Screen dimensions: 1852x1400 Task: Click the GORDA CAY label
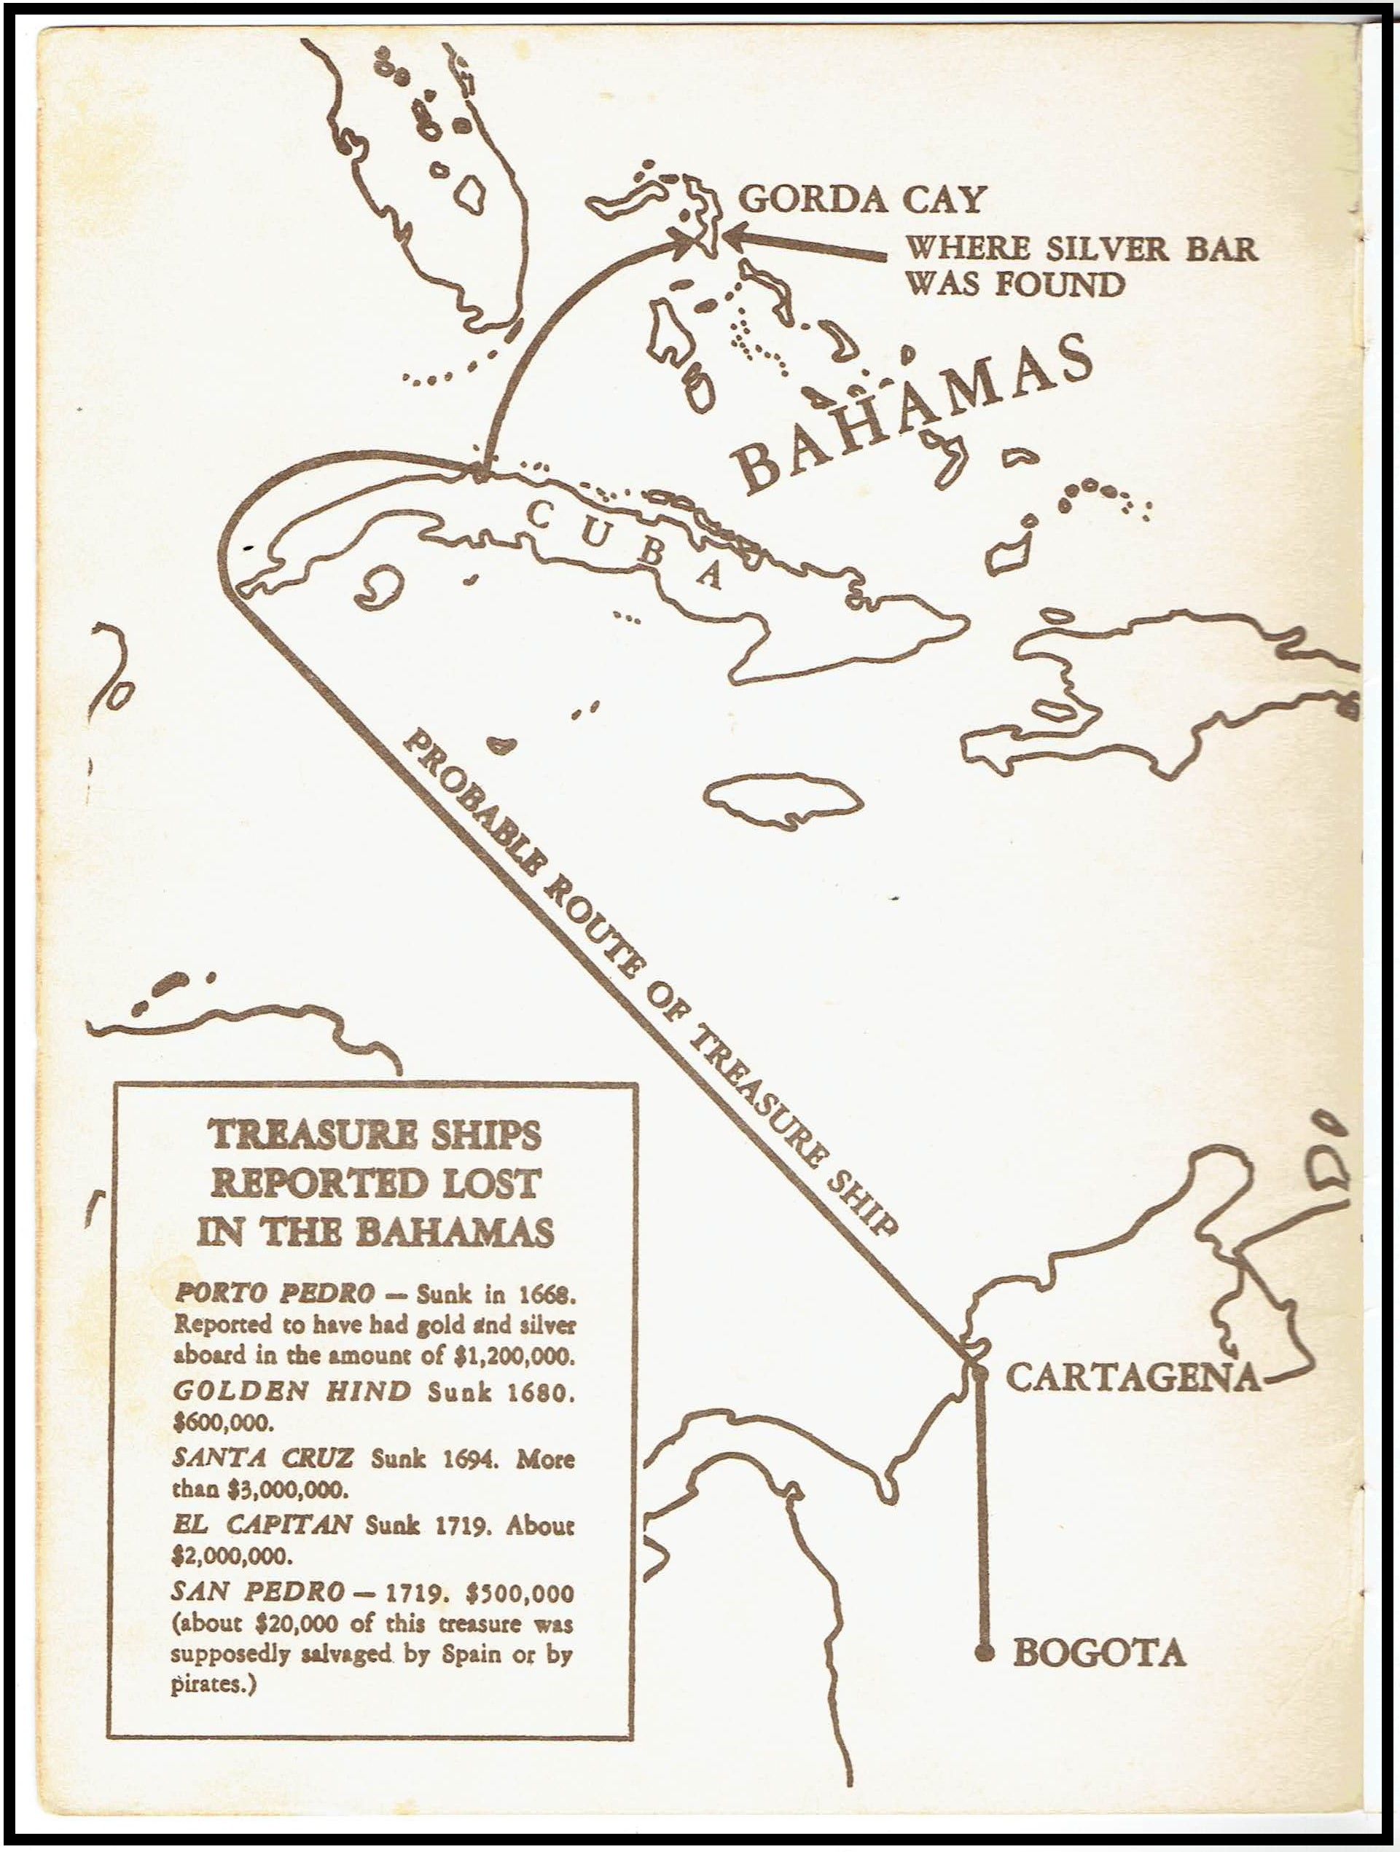[861, 200]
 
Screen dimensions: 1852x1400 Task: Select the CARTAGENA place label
[1132, 1376]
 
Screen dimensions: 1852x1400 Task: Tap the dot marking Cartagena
[979, 1373]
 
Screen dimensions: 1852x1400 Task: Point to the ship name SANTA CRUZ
[262, 1458]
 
